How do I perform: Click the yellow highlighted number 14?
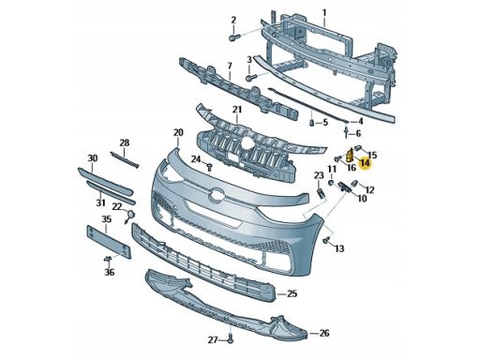coord(365,163)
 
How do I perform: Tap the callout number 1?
coord(324,13)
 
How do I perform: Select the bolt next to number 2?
coord(234,37)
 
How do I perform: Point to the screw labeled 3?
coord(251,77)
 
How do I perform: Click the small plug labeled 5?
coord(311,123)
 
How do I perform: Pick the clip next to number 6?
coord(347,131)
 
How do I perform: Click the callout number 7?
coord(230,66)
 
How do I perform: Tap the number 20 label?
coord(178,133)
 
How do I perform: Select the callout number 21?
coord(237,110)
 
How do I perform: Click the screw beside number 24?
coord(210,166)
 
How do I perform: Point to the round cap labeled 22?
coord(130,216)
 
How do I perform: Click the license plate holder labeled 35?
coord(109,242)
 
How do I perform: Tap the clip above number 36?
coord(108,259)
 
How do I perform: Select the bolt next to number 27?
coord(230,338)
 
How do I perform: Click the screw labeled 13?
coord(326,240)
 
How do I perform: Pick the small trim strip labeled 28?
coord(125,159)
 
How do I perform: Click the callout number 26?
coord(324,333)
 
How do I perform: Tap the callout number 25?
coord(292,293)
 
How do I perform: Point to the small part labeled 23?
coord(321,193)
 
